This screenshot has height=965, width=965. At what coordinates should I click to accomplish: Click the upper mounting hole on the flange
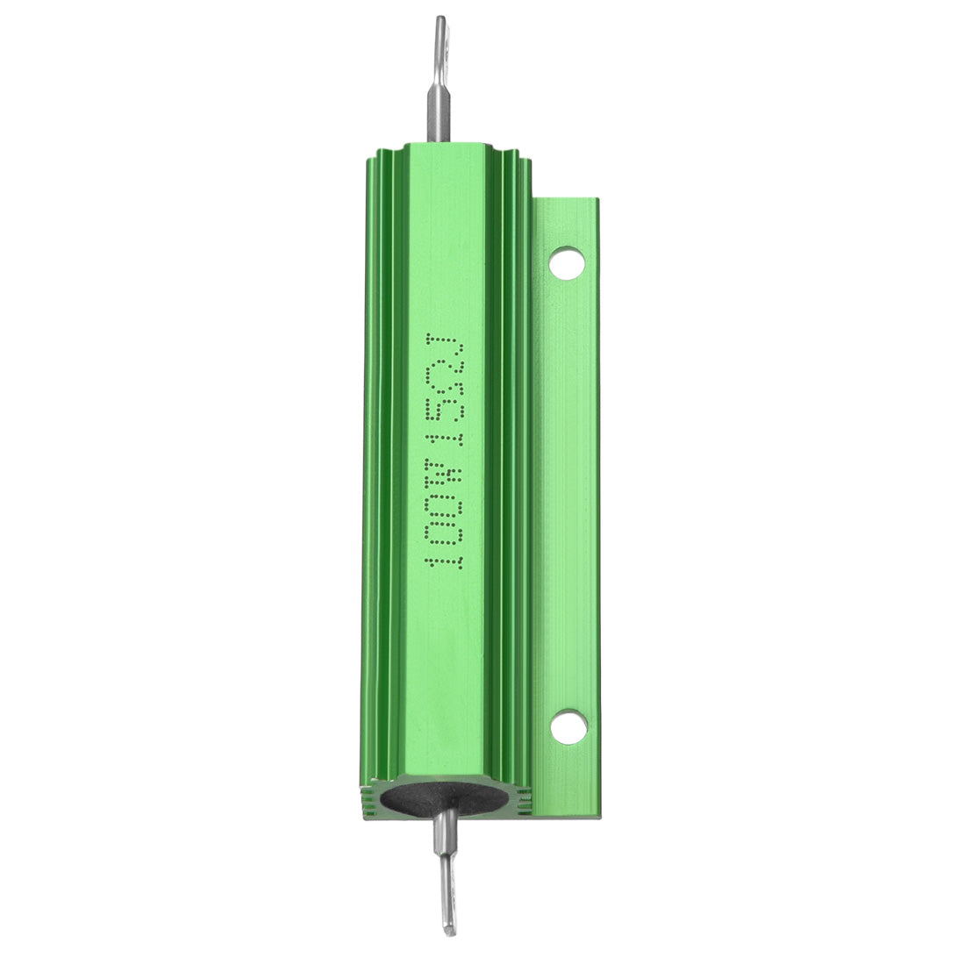567,262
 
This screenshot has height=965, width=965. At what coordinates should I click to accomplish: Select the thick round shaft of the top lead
439,111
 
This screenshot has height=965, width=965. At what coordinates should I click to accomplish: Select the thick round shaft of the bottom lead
447,833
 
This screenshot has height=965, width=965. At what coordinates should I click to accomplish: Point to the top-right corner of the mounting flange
597,200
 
